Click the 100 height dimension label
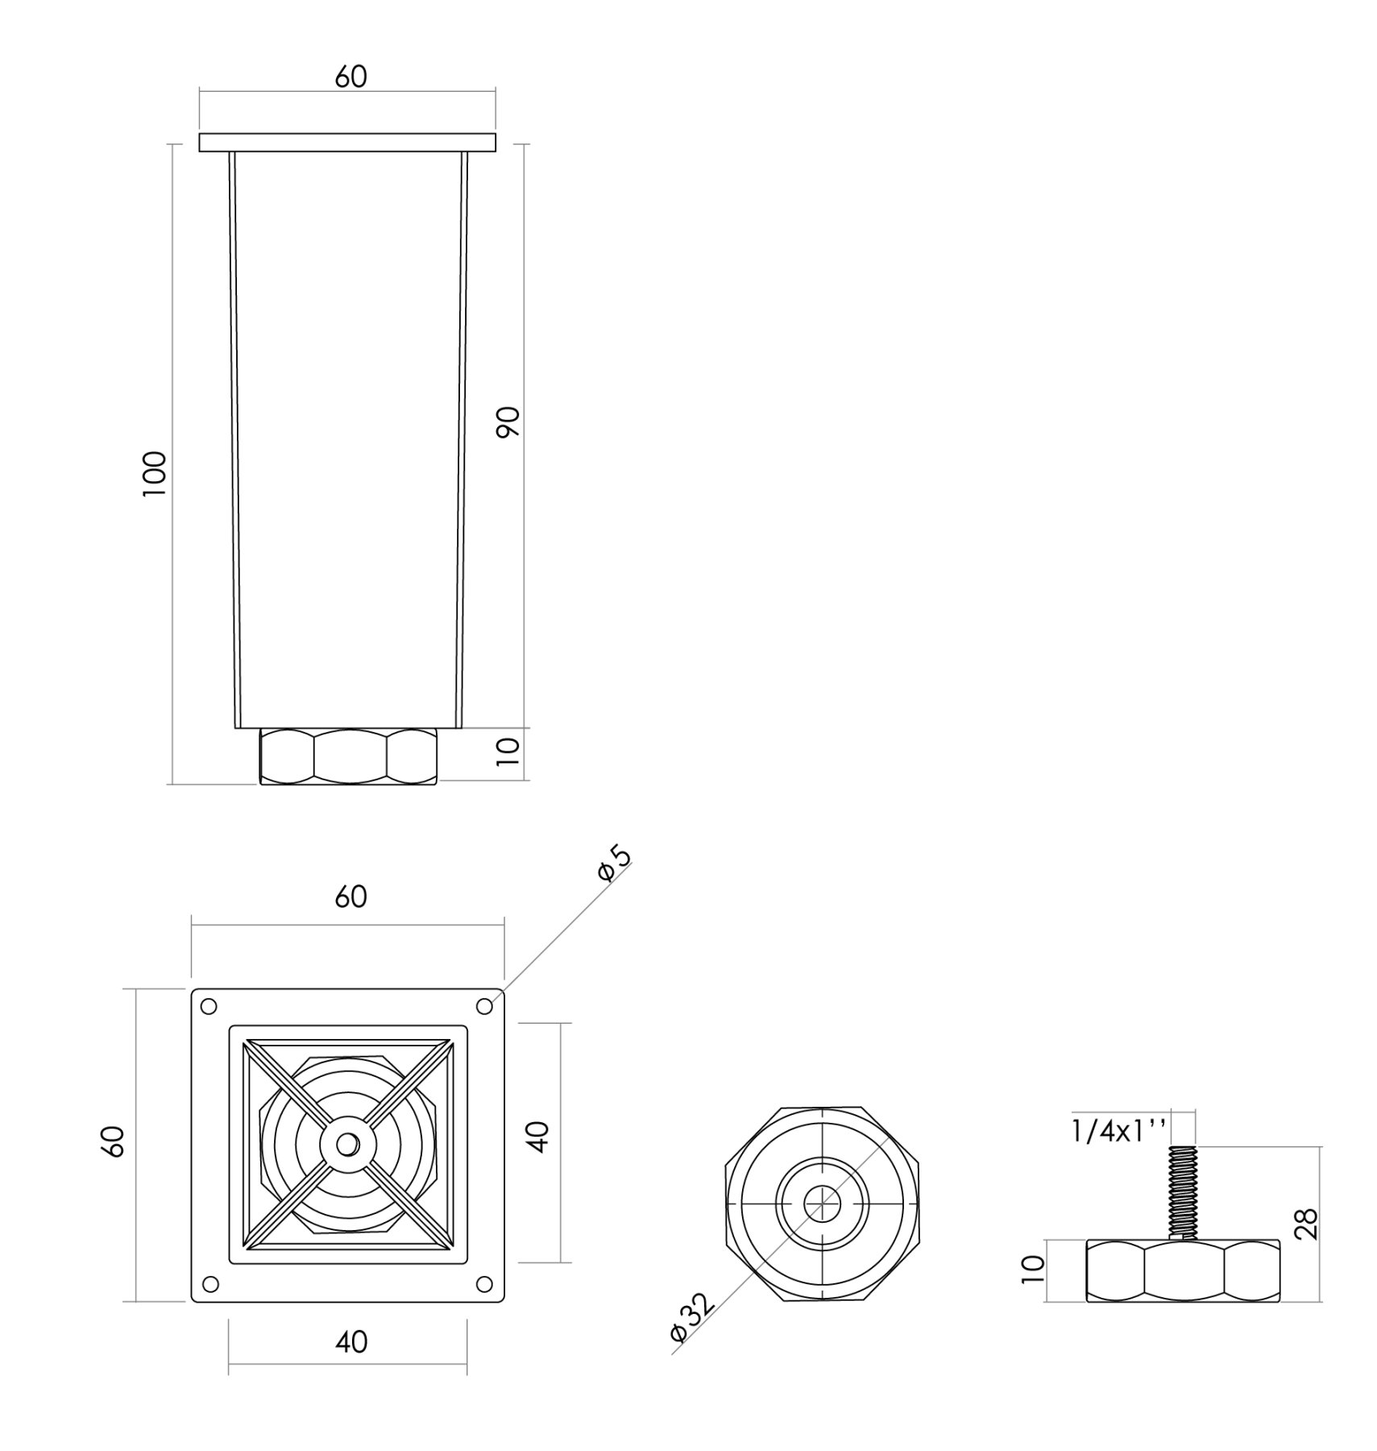pos(154,473)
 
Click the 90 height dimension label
pos(508,422)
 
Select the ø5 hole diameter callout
pos(615,863)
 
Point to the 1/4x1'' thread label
pos(1119,1132)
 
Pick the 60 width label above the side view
pos(350,77)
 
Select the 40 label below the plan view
pos(350,1341)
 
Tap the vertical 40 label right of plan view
pos(538,1136)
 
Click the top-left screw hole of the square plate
pos(209,1007)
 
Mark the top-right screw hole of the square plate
pos(484,1007)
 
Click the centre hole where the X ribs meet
pos(347,1144)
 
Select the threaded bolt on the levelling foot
pos(1181,1192)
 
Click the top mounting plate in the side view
pos(347,143)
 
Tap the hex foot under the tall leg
pos(348,755)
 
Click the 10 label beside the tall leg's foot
pos(508,750)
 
